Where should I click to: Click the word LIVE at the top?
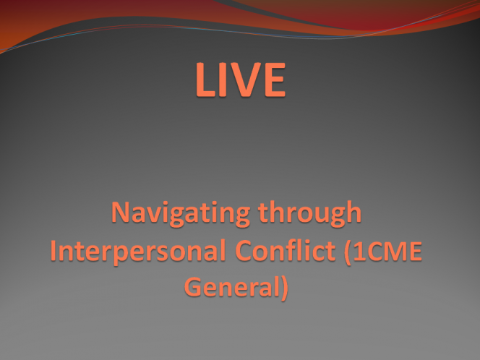[241, 80]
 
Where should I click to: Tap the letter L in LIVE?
[205, 80]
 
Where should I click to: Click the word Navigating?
[181, 213]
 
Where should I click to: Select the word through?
[310, 212]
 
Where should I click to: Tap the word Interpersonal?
[138, 251]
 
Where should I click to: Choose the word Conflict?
[286, 250]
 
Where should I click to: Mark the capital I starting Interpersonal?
[53, 250]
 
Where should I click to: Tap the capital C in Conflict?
[244, 250]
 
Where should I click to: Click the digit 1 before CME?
[359, 251]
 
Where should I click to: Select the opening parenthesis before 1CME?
[348, 252]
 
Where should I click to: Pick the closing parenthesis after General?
[285, 288]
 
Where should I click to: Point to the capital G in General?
[194, 287]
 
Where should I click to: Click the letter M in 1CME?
[395, 251]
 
